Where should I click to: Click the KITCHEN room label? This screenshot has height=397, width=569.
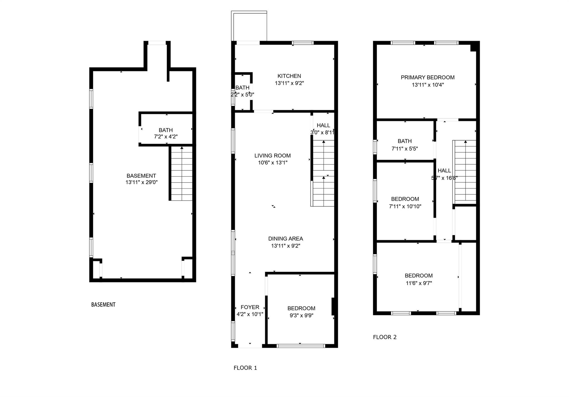click(x=289, y=76)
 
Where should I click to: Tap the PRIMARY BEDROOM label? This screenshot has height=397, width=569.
click(x=427, y=78)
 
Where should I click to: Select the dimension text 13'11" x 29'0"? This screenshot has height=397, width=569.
click(x=141, y=183)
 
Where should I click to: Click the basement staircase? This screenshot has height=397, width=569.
click(x=181, y=174)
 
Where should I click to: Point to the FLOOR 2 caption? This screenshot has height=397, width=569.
click(x=385, y=337)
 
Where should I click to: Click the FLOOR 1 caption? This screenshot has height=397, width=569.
click(x=245, y=368)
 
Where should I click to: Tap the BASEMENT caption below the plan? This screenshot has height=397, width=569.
click(x=103, y=305)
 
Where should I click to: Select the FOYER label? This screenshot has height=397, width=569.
click(x=250, y=307)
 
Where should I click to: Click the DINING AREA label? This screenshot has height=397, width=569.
click(x=285, y=239)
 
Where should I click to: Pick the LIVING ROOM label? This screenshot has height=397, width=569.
click(x=272, y=156)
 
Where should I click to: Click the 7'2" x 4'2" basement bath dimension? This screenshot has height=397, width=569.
click(x=166, y=137)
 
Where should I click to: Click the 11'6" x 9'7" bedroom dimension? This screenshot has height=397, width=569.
click(x=418, y=283)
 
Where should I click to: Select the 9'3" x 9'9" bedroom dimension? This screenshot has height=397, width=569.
click(x=301, y=316)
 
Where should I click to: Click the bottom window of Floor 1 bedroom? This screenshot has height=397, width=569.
click(x=301, y=346)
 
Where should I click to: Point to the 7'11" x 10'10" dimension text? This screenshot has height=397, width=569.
click(x=405, y=206)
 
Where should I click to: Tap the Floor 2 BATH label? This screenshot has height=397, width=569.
click(x=405, y=141)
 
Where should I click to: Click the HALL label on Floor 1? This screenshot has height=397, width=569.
click(x=323, y=125)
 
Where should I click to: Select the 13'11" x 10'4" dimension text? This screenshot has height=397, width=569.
click(x=428, y=85)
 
